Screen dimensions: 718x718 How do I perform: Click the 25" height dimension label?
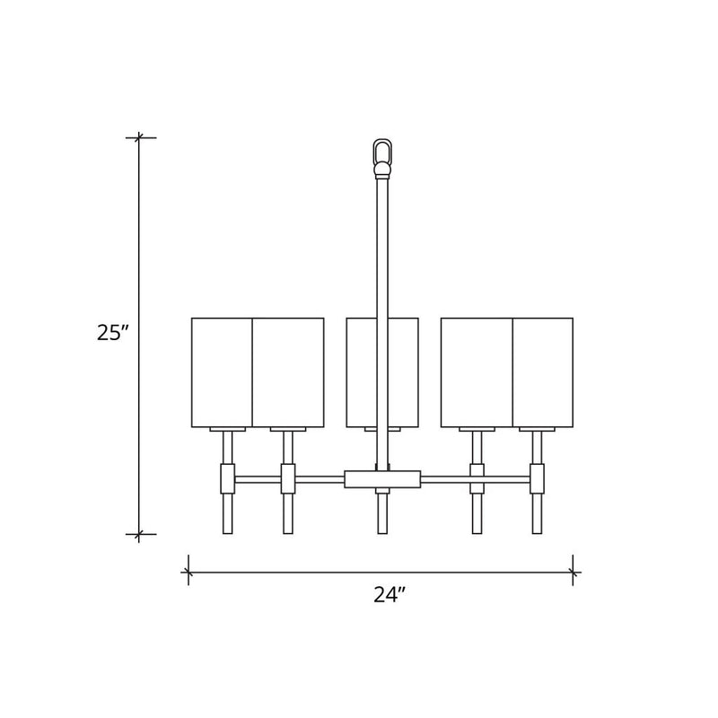coord(110,332)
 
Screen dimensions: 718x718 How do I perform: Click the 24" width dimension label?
coord(390,594)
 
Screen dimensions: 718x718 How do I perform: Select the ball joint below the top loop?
coord(382,171)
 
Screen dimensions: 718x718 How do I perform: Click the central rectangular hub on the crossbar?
coord(382,479)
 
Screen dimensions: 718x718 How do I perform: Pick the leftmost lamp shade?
coord(222,372)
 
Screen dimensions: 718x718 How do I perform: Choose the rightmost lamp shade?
coord(543,372)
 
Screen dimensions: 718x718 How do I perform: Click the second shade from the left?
coord(288,372)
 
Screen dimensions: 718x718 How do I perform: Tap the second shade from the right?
coord(477,372)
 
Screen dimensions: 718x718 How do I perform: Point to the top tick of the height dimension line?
coord(139,137)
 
